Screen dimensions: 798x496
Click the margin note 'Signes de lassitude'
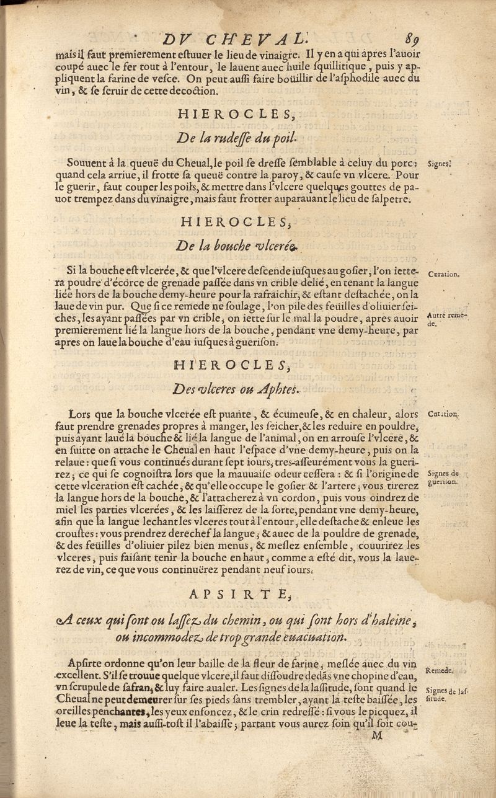[446, 692]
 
